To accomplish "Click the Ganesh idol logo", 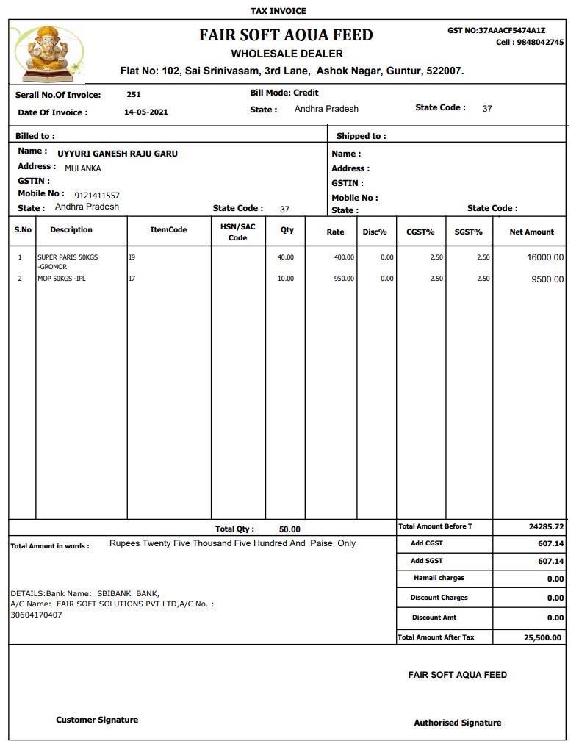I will pyautogui.click(x=47, y=53).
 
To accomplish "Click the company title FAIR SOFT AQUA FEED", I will pyautogui.click(x=286, y=35).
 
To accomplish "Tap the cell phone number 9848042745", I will pyautogui.click(x=540, y=43).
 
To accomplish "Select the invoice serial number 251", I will pyautogui.click(x=134, y=94).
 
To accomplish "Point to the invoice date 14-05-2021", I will pyautogui.click(x=146, y=112).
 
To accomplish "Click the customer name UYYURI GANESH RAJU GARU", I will pyautogui.click(x=118, y=154).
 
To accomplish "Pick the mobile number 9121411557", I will pyautogui.click(x=97, y=196).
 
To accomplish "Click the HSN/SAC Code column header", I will pyautogui.click(x=238, y=232).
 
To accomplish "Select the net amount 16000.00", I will pyautogui.click(x=545, y=257).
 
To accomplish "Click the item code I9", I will pyautogui.click(x=132, y=257).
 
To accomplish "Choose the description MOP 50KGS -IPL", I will pyautogui.click(x=62, y=279).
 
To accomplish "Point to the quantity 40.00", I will pyautogui.click(x=285, y=257).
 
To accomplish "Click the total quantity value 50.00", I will pyautogui.click(x=289, y=529).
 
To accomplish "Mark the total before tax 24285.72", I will pyautogui.click(x=546, y=527).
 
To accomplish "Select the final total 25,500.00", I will pyautogui.click(x=542, y=638).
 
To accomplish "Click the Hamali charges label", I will pyautogui.click(x=439, y=578).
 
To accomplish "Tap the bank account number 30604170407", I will pyautogui.click(x=36, y=615).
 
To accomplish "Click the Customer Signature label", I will pyautogui.click(x=97, y=720).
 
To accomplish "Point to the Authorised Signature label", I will pyautogui.click(x=457, y=723).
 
